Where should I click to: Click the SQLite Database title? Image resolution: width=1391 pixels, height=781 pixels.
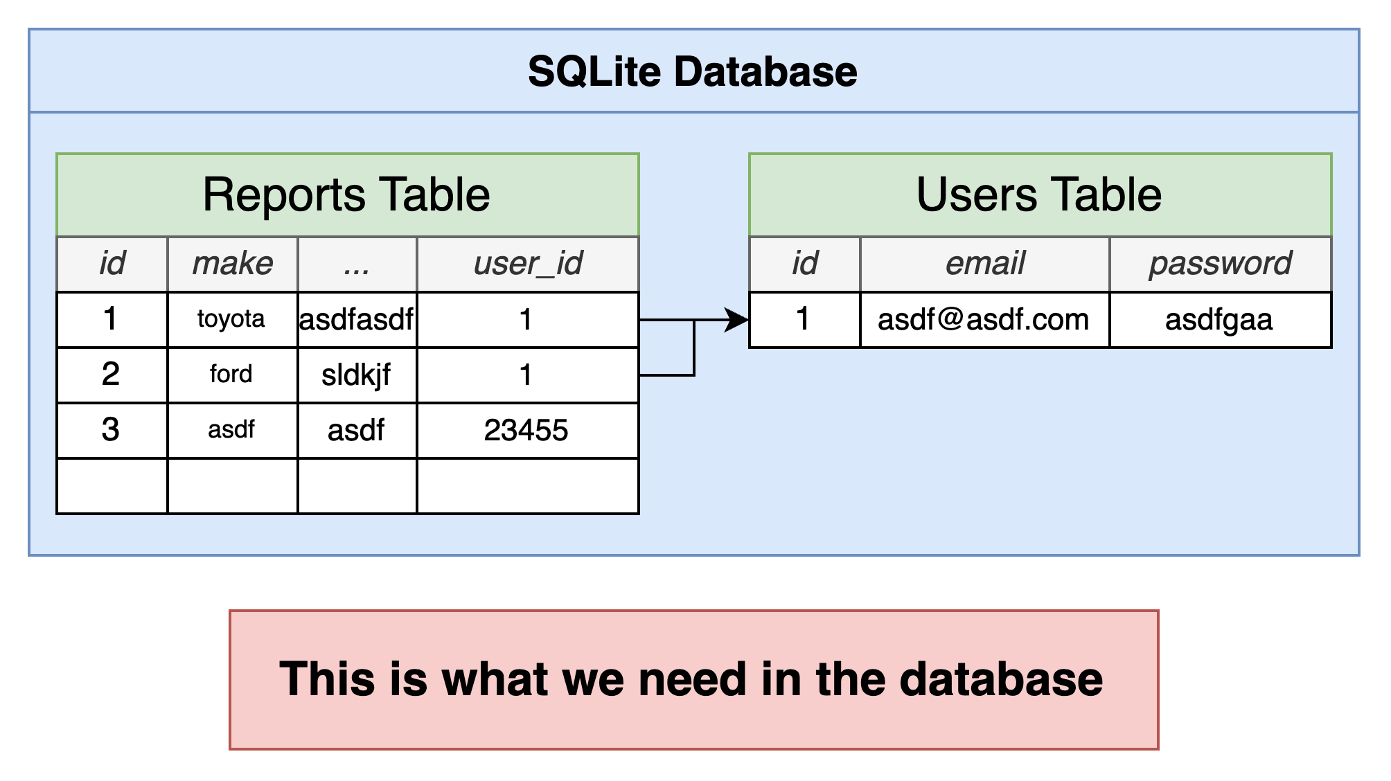tap(693, 71)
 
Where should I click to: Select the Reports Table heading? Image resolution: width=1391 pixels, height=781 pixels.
tap(346, 195)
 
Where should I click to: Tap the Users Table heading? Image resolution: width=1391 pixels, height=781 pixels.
tap(1039, 195)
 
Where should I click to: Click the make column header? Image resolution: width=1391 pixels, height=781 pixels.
tap(233, 264)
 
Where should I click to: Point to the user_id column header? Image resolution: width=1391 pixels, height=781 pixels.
tap(528, 264)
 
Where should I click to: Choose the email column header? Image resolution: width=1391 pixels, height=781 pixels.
tap(985, 264)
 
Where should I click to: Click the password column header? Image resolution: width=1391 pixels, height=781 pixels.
tap(1221, 264)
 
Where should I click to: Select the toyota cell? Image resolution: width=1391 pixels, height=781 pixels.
tap(233, 319)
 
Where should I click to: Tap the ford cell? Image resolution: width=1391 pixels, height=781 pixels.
tap(233, 375)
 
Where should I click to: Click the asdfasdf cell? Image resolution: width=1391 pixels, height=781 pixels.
tap(357, 319)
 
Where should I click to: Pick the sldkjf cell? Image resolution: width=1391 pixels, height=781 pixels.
tap(357, 375)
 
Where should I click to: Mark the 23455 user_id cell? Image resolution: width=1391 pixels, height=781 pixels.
tap(528, 430)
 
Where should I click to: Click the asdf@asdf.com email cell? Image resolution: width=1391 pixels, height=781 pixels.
tap(985, 319)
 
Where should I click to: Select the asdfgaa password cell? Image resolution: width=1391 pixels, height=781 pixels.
tap(1221, 319)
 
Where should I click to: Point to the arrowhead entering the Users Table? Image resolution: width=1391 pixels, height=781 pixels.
tap(737, 320)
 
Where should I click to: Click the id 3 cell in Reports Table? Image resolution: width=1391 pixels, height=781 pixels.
tap(112, 430)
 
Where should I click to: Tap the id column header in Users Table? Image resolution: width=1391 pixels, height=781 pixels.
tap(805, 264)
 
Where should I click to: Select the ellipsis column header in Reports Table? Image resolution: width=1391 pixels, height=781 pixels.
tap(357, 264)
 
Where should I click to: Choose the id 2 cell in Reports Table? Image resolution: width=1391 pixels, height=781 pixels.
tap(112, 375)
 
